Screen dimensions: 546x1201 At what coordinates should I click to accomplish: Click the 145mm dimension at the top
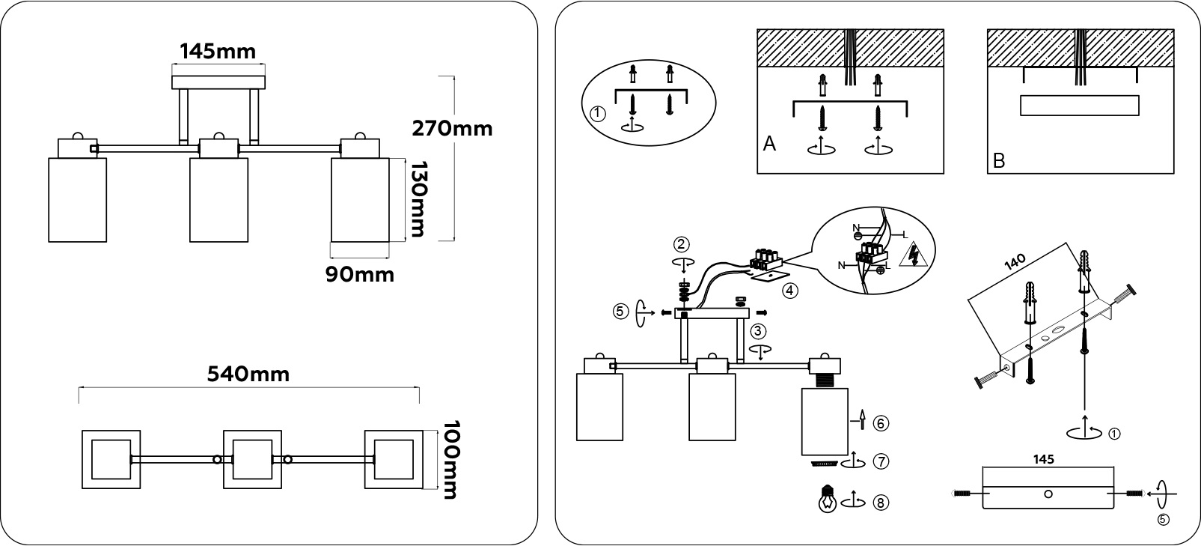click(218, 51)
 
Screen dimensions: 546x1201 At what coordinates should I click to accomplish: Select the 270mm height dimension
click(452, 128)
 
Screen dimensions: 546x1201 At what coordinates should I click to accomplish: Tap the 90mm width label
click(359, 274)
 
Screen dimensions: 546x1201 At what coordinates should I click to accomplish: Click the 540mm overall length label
click(248, 374)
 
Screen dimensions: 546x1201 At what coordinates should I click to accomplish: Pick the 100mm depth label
click(449, 459)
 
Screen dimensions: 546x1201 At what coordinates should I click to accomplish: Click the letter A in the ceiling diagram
click(769, 144)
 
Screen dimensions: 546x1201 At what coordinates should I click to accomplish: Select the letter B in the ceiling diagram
click(998, 160)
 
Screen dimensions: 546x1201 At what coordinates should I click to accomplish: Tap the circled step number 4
click(791, 290)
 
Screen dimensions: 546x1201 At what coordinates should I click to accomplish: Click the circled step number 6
click(881, 423)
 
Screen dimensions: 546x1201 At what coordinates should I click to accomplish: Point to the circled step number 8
click(881, 503)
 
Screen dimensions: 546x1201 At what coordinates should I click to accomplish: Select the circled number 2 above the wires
click(681, 244)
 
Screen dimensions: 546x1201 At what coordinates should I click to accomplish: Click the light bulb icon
click(827, 500)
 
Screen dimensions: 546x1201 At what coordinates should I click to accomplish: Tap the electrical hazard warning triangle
click(914, 255)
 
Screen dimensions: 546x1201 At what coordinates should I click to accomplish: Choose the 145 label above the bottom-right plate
click(1044, 459)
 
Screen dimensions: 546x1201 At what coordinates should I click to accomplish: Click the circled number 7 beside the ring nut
click(881, 462)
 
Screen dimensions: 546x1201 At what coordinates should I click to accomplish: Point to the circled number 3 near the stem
click(759, 330)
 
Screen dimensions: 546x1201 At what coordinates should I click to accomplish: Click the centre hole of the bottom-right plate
click(1048, 494)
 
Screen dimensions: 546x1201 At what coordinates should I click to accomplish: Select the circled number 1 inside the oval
click(596, 115)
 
